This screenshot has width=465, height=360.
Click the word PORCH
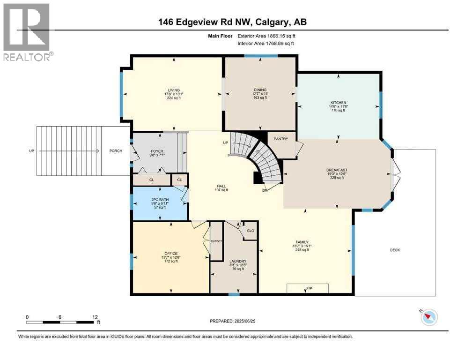click(116, 151)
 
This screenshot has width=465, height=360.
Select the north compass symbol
click(428, 317)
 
